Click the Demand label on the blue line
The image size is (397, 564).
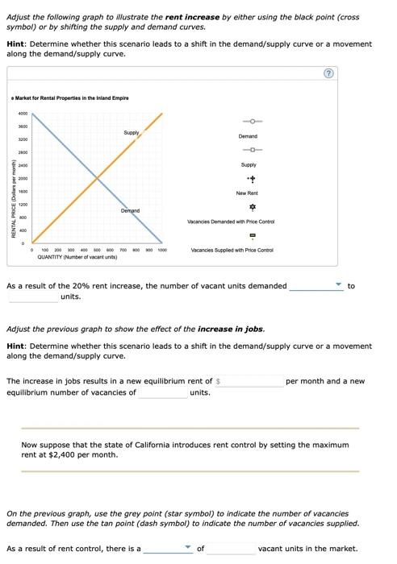pyautogui.click(x=130, y=210)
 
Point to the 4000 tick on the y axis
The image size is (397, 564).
pyautogui.click(x=23, y=114)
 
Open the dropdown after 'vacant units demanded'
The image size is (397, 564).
pyautogui.click(x=316, y=286)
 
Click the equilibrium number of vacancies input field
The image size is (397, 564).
pyautogui.click(x=162, y=393)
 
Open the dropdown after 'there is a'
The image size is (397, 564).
pyautogui.click(x=168, y=549)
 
